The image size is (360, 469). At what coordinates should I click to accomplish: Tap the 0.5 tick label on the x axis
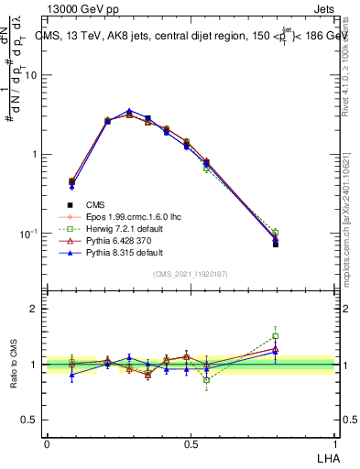tap(190, 442)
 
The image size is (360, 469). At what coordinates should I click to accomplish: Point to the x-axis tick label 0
tap(47, 442)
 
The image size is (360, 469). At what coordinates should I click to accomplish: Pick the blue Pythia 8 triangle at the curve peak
tap(129, 111)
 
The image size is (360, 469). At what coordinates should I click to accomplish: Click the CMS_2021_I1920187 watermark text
tap(190, 274)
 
